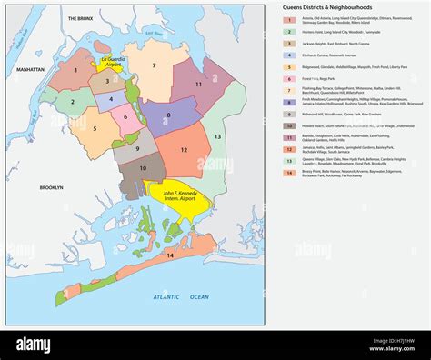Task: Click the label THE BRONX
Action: click(x=81, y=18)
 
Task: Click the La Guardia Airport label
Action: click(x=109, y=61)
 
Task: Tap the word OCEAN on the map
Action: click(x=198, y=296)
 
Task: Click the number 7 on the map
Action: click(x=155, y=66)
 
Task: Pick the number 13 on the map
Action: click(x=217, y=135)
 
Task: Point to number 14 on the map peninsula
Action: click(x=169, y=256)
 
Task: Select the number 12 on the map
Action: click(x=184, y=149)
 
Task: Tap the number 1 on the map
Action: click(x=75, y=68)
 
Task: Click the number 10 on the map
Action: click(x=143, y=168)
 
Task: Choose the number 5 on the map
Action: click(x=93, y=129)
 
